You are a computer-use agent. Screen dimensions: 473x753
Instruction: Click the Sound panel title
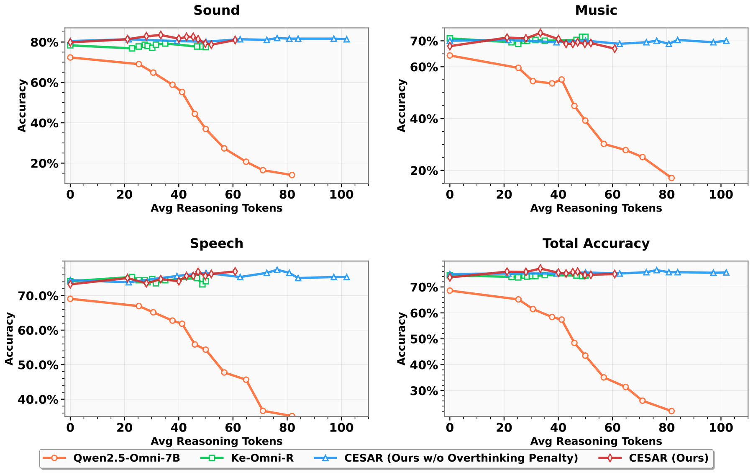click(216, 10)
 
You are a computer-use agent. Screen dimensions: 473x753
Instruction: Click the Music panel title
click(596, 10)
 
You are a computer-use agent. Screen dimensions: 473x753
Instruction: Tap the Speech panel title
click(216, 243)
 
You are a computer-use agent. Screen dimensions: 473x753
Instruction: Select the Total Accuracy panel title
click(596, 243)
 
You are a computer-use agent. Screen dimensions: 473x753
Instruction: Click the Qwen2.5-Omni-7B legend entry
click(126, 458)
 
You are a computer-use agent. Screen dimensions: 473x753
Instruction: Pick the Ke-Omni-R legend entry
click(262, 458)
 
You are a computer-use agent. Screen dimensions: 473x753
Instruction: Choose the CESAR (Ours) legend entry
click(668, 458)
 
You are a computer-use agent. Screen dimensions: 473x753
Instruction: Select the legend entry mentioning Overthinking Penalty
click(461, 458)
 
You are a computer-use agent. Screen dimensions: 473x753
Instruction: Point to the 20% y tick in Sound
click(45, 163)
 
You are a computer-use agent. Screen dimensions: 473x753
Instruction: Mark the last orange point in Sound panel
click(292, 175)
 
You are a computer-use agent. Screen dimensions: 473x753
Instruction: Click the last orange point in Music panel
click(671, 178)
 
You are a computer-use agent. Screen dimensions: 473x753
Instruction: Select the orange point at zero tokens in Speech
click(70, 299)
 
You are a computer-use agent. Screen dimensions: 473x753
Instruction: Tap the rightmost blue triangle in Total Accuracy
click(726, 272)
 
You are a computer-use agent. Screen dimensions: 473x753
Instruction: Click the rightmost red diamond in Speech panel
click(235, 271)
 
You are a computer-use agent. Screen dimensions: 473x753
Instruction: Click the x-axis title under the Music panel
click(596, 208)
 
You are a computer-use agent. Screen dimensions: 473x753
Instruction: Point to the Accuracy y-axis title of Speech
click(9, 339)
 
